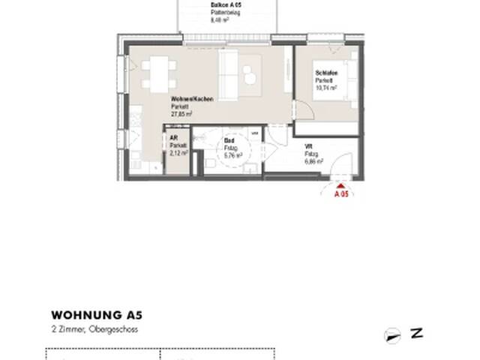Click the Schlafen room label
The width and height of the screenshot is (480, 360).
[325, 73]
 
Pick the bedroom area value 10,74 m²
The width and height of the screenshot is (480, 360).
[327, 88]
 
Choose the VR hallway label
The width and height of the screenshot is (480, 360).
[308, 146]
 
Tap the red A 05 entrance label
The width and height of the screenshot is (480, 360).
[341, 193]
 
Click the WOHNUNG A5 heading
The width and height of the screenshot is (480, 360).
[95, 315]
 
